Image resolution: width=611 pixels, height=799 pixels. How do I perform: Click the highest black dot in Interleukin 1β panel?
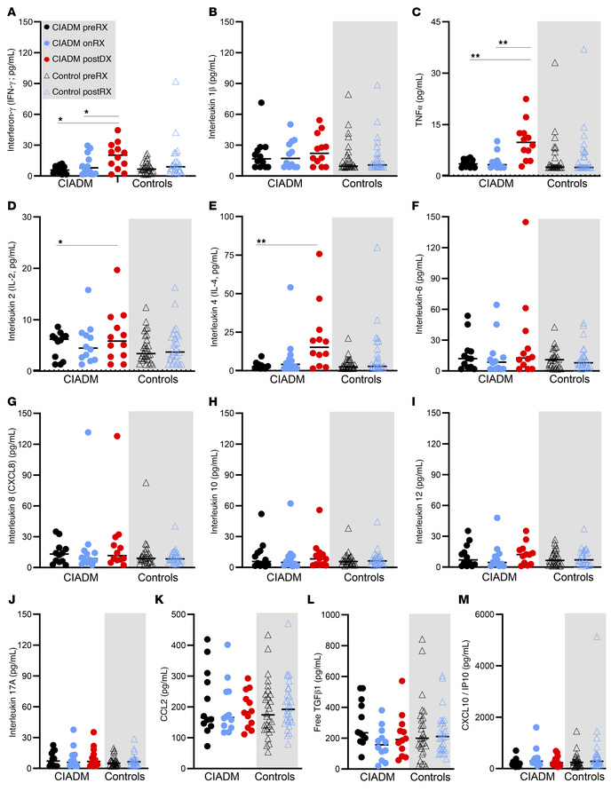[262, 103]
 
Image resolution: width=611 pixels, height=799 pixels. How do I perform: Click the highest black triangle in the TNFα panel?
[554, 63]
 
